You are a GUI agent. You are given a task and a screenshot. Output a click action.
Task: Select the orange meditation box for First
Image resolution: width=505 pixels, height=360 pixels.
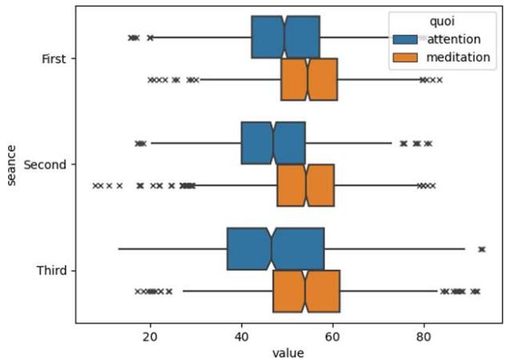pyautogui.click(x=309, y=79)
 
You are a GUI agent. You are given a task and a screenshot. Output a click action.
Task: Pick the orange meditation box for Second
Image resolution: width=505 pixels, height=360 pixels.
pyautogui.click(x=306, y=185)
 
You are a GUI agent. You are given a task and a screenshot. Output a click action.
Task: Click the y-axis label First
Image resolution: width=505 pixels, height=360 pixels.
pyautogui.click(x=53, y=58)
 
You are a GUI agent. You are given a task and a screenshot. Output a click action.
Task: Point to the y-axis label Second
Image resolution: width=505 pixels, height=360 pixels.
pyautogui.click(x=46, y=164)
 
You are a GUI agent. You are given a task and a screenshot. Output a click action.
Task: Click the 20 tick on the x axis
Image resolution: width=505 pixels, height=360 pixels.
pyautogui.click(x=150, y=335)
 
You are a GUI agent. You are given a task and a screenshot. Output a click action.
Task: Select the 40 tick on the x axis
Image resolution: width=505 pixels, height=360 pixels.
pyautogui.click(x=241, y=335)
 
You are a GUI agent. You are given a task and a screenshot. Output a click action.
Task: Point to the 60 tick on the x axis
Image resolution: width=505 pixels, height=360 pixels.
pyautogui.click(x=332, y=335)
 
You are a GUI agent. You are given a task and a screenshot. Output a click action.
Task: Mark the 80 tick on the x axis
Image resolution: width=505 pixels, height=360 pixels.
pyautogui.click(x=423, y=335)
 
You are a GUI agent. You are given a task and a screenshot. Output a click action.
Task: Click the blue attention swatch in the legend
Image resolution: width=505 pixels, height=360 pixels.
pyautogui.click(x=406, y=39)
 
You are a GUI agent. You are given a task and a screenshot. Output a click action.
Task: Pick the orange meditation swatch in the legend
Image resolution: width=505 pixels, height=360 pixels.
pyautogui.click(x=406, y=57)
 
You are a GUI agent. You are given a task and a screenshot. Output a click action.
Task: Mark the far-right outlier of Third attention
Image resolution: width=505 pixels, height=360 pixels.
pyautogui.click(x=482, y=250)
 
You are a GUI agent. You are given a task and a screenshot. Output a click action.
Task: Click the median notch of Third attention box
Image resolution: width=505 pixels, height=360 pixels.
pyautogui.click(x=271, y=248)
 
